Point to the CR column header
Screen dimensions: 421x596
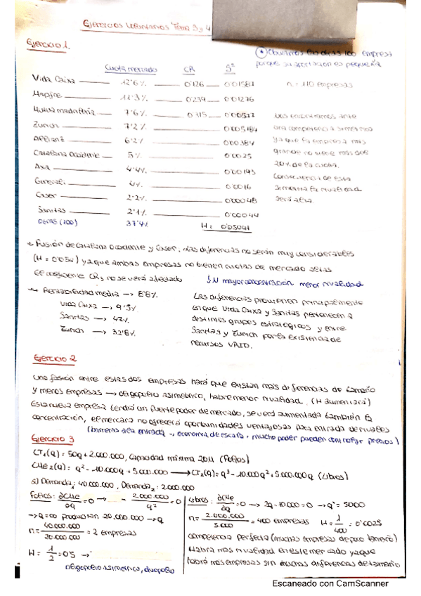(189, 68)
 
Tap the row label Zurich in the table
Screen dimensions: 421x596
(46, 125)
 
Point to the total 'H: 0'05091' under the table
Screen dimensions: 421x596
(226, 226)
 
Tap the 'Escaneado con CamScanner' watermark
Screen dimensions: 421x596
(330, 583)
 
